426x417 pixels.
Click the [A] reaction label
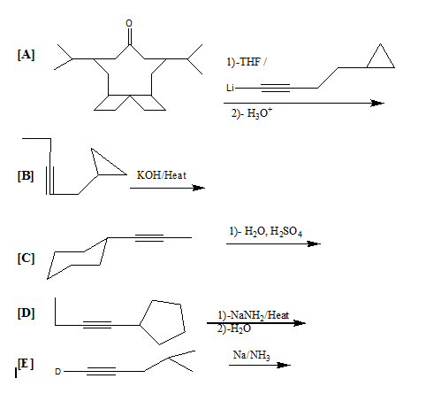click(x=26, y=55)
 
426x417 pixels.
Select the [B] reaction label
click(x=26, y=176)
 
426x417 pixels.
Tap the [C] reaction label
click(x=26, y=259)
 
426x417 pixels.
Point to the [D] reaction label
click(x=26, y=313)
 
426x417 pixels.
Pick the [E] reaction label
click(x=26, y=364)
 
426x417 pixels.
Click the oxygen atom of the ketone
click(x=129, y=23)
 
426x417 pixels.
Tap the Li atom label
click(x=230, y=88)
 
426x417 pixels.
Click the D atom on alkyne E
click(x=57, y=372)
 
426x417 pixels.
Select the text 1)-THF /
click(x=247, y=62)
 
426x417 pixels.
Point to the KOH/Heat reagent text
click(x=162, y=175)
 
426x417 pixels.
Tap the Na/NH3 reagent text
click(x=251, y=355)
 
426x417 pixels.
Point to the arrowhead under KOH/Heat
click(x=199, y=188)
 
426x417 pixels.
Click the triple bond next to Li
click(x=276, y=88)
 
